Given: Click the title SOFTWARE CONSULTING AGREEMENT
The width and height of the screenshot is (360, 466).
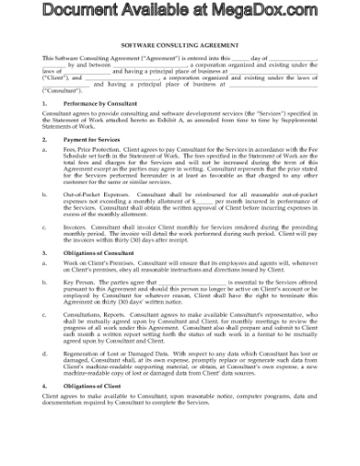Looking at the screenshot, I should (180, 45).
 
